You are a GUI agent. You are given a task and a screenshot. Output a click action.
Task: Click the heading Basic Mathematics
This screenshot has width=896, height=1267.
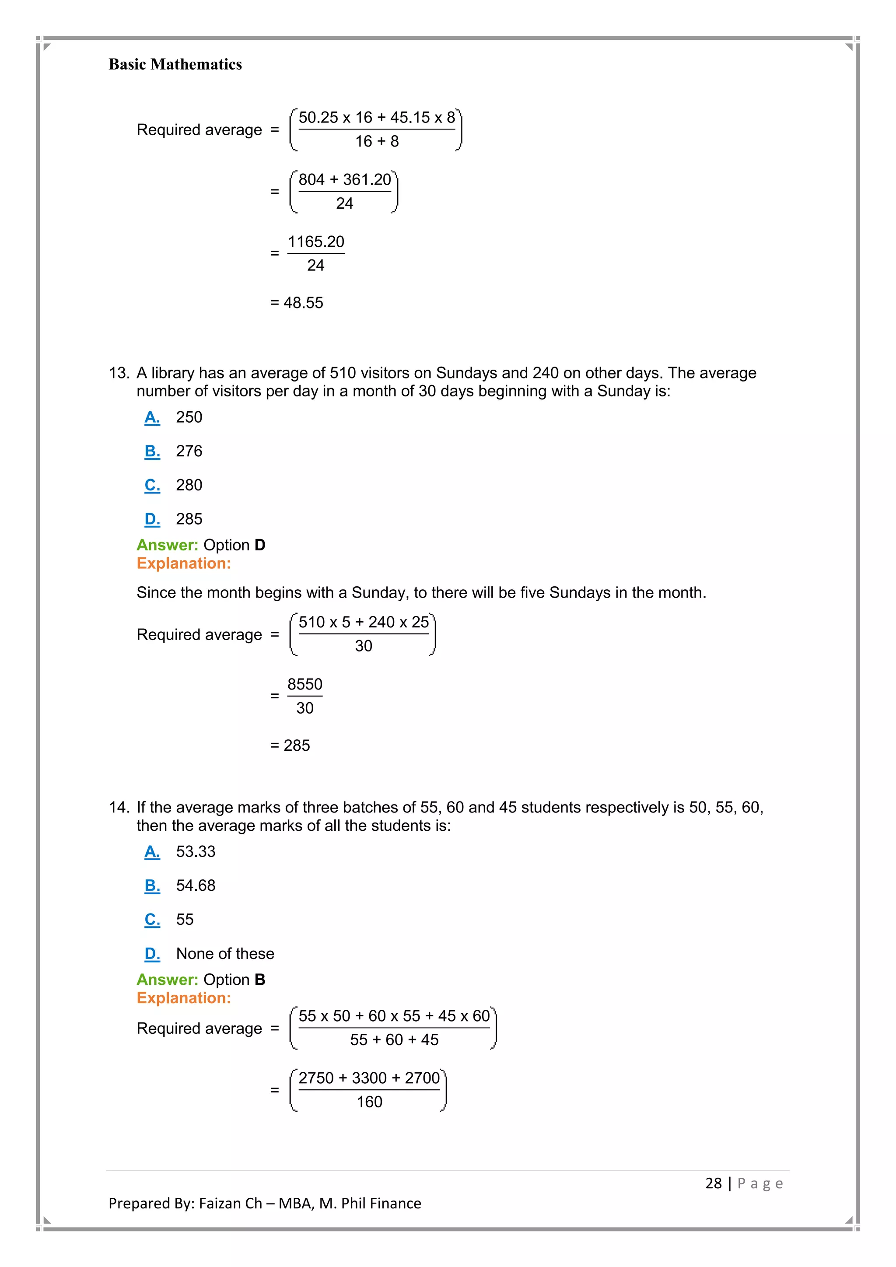(x=175, y=65)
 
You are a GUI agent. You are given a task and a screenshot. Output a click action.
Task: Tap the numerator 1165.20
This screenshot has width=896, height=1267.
(x=315, y=241)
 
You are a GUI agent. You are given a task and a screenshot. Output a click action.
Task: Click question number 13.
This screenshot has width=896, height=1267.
(x=119, y=373)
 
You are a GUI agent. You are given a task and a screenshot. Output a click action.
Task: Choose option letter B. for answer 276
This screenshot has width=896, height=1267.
(x=152, y=451)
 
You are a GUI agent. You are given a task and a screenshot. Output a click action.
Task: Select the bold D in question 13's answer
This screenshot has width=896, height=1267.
(x=260, y=545)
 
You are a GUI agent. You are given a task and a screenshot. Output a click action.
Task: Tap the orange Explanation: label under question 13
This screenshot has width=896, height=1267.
(x=184, y=563)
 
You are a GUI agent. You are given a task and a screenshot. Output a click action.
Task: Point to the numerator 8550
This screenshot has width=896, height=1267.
(x=304, y=684)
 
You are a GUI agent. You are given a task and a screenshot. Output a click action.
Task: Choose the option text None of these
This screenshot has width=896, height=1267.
(x=225, y=954)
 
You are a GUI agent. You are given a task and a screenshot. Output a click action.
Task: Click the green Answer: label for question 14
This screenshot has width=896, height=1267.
(x=167, y=980)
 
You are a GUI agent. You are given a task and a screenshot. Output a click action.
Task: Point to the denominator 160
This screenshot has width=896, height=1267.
(x=369, y=1102)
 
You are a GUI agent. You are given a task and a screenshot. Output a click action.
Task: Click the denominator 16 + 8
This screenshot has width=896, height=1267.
(x=377, y=141)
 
